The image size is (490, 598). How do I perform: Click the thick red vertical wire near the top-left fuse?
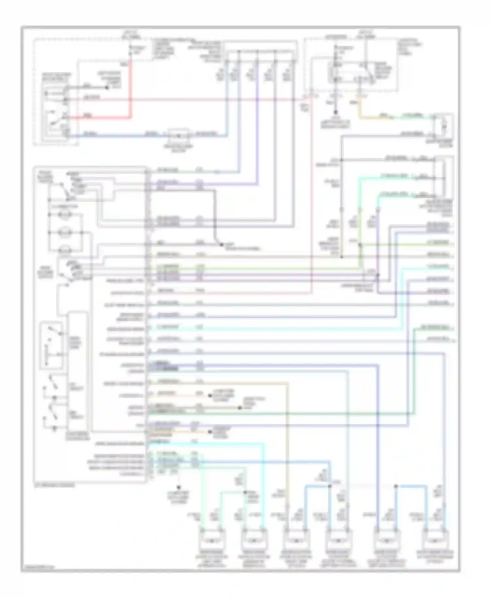131,88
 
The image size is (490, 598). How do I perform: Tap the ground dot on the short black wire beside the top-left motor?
106,88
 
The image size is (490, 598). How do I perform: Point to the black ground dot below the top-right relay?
335,113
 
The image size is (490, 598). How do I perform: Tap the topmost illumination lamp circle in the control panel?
65,215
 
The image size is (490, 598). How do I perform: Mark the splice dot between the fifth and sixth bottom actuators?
396,486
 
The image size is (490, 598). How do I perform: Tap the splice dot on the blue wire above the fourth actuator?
330,486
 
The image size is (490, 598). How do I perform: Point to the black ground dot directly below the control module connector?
178,487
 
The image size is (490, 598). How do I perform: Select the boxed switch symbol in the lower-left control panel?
51,346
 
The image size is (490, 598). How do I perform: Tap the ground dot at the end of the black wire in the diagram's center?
221,245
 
